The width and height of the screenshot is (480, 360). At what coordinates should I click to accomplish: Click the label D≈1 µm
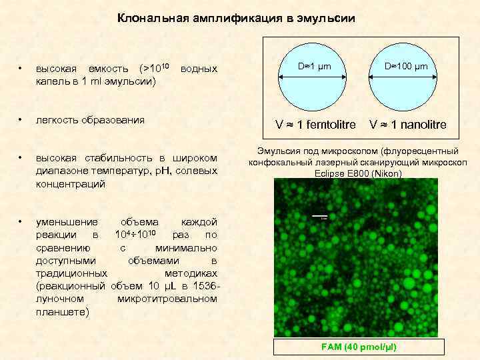pyautogui.click(x=314, y=67)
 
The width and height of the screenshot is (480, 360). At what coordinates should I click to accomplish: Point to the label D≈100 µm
pyautogui.click(x=406, y=67)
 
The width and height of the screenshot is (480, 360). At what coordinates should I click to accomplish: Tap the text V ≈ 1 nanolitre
pyautogui.click(x=408, y=125)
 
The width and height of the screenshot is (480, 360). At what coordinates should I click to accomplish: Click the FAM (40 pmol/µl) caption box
pyautogui.click(x=359, y=347)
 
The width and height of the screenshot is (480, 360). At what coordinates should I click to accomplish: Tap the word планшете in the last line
pyautogui.click(x=59, y=312)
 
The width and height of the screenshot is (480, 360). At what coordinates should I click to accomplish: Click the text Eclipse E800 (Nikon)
pyautogui.click(x=357, y=173)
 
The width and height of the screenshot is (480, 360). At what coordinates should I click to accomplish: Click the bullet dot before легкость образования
pyautogui.click(x=21, y=121)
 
